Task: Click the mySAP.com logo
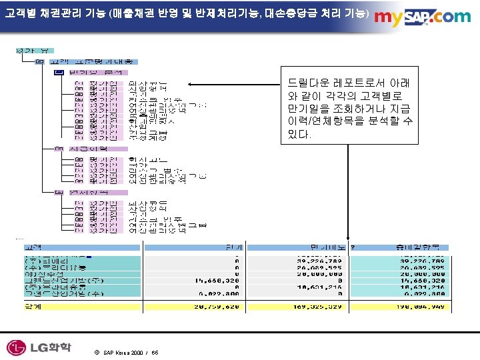coord(423,17)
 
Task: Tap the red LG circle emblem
coord(16,347)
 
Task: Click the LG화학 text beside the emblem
coord(49,347)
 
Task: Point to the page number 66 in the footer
coord(155,351)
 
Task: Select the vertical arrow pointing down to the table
coord(348,193)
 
